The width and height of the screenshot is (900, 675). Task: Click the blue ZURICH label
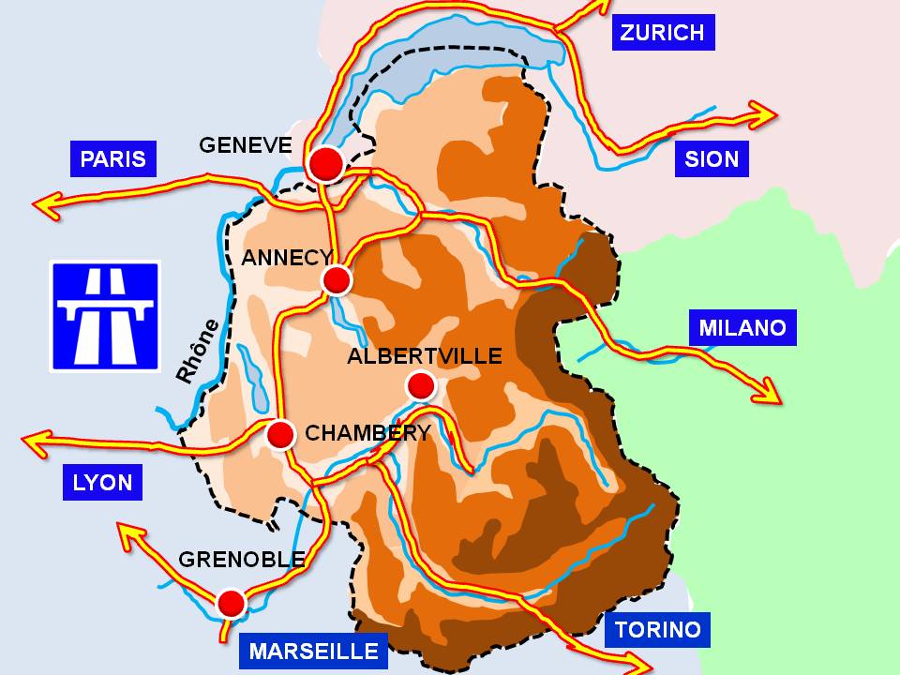tap(662, 33)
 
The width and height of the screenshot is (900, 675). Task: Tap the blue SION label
tap(712, 159)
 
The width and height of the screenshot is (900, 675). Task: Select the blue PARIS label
tap(112, 158)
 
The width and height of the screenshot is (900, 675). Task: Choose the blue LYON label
tap(102, 483)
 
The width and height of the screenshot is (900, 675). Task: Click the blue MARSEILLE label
tap(313, 651)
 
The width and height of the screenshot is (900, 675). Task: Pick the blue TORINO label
tap(656, 629)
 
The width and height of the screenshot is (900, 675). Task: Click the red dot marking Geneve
tap(325, 164)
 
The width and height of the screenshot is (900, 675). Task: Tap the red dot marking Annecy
tap(337, 279)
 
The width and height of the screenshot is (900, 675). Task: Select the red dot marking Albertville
tap(421, 384)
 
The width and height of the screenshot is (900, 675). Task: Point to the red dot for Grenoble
tap(231, 602)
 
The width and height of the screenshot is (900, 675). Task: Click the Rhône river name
tap(198, 352)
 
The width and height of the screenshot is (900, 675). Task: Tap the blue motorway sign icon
tap(105, 316)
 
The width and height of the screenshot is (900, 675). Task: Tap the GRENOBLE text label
tap(241, 560)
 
